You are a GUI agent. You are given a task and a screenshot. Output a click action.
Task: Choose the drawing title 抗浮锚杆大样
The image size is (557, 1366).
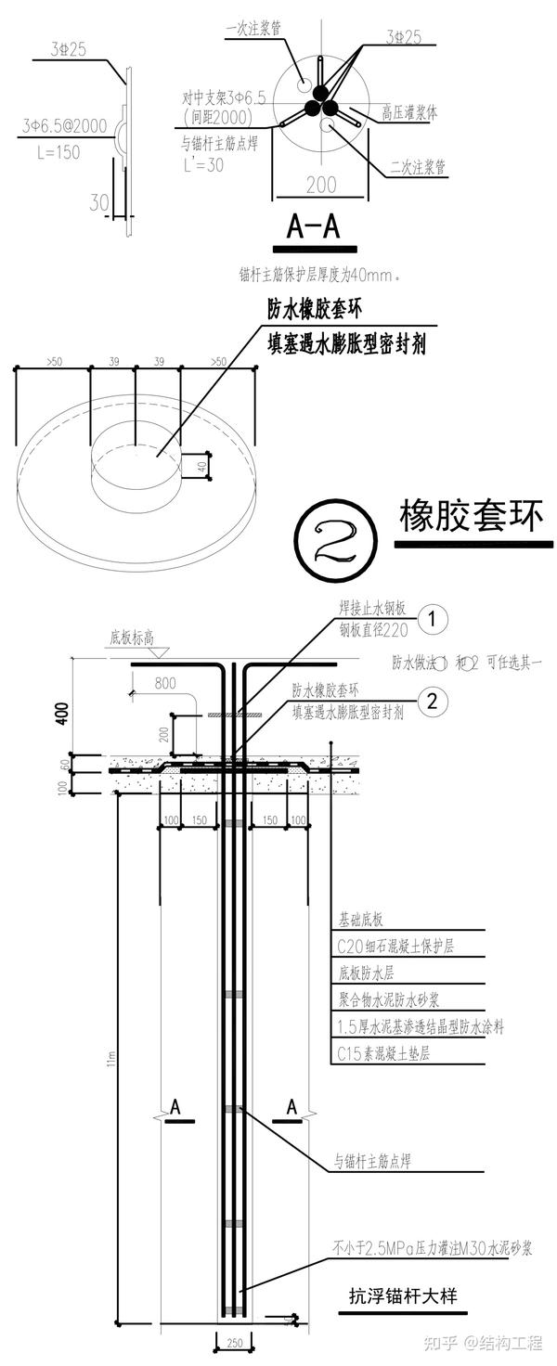click(403, 1295)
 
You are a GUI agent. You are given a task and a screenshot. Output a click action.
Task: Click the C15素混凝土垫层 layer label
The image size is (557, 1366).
click(383, 1053)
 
